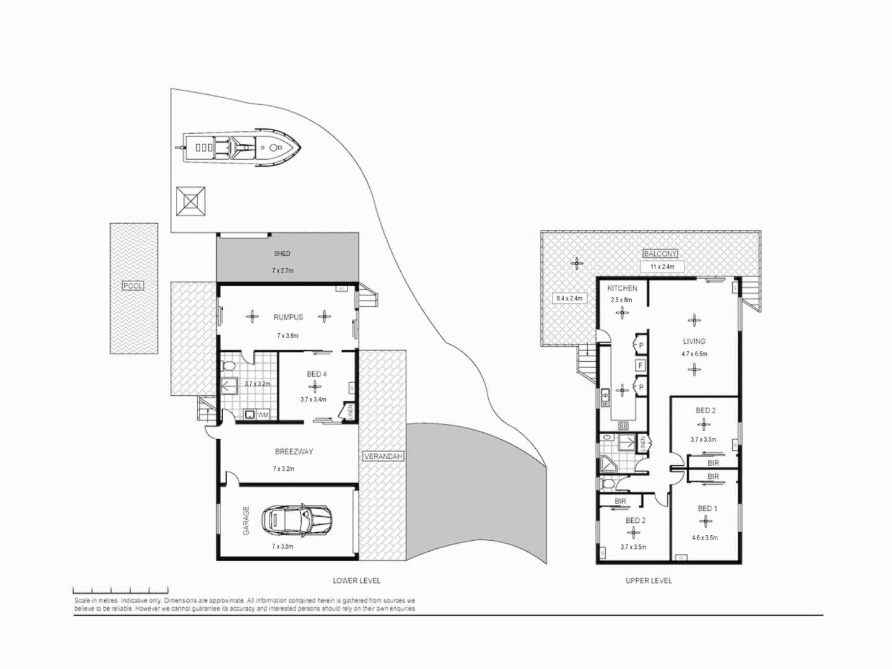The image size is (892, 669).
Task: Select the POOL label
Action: [x=133, y=286]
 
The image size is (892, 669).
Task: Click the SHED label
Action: [x=282, y=253]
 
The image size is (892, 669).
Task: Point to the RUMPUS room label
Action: [x=288, y=317]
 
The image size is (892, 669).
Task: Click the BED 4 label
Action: [x=317, y=374]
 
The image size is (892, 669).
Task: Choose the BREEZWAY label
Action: [x=294, y=452]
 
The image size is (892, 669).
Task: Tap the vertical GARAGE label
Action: [x=246, y=521]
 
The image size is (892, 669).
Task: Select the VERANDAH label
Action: [x=383, y=457]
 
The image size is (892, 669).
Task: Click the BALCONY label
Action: [x=660, y=253]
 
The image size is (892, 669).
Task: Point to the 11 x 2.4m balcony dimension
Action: [x=662, y=267]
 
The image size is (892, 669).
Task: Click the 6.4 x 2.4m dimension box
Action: [x=569, y=299]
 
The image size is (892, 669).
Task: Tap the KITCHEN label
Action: [x=622, y=289]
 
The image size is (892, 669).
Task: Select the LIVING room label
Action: [x=694, y=341]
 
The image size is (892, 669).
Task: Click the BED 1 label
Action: [x=707, y=509]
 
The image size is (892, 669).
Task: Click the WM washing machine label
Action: [x=263, y=415]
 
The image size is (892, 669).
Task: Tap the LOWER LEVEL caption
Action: [x=356, y=580]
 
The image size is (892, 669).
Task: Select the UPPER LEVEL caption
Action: [x=648, y=580]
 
